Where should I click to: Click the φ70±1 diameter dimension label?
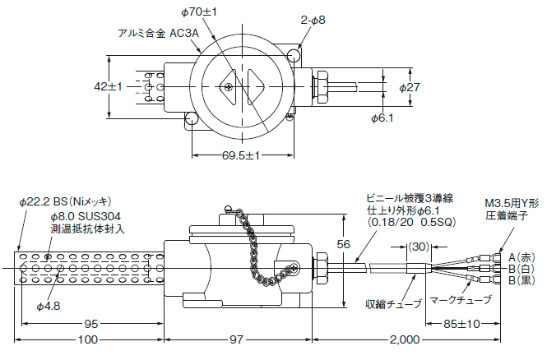198,12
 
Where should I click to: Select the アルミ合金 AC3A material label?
153,34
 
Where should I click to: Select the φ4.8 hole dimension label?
49,306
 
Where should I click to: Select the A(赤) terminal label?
522,256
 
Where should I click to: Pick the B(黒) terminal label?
522,281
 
